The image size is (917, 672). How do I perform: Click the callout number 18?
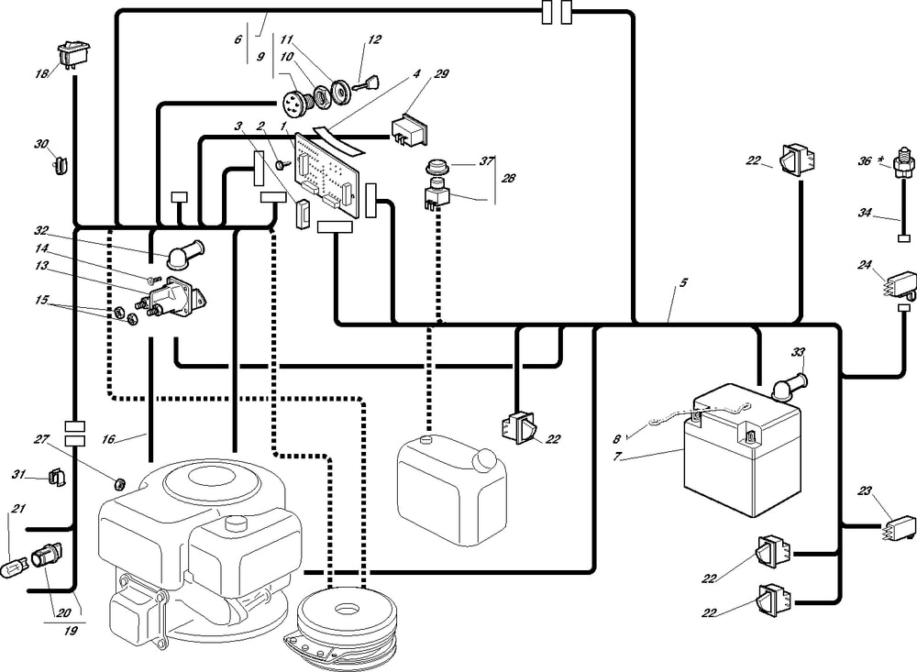[39, 72]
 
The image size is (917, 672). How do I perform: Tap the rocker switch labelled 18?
[71, 54]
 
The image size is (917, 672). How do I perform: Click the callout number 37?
[486, 160]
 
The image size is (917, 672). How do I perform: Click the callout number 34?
[865, 213]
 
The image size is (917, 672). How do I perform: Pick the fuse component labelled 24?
[897, 278]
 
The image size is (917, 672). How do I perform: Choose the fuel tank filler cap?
[428, 441]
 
